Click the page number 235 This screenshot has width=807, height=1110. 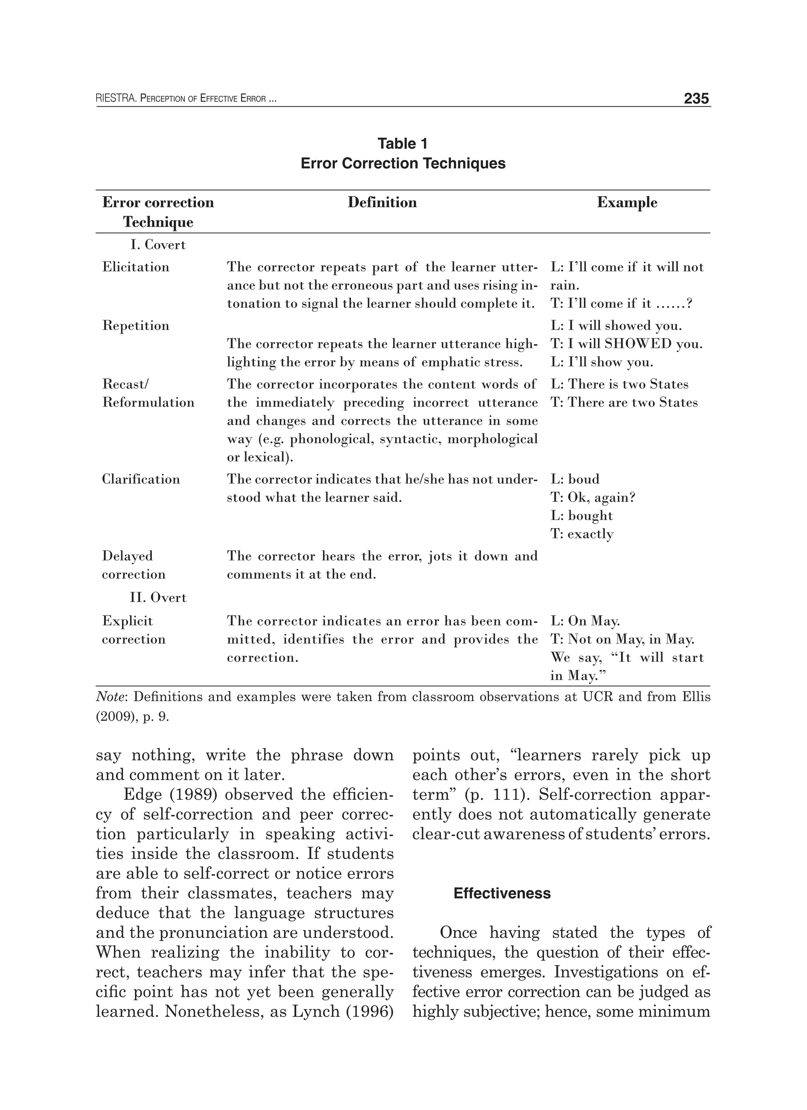pyautogui.click(x=696, y=99)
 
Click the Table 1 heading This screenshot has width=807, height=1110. pyautogui.click(x=403, y=143)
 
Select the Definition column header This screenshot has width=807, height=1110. pyautogui.click(x=382, y=202)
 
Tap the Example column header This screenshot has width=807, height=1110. pyautogui.click(x=627, y=202)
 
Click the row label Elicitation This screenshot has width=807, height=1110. pyautogui.click(x=136, y=267)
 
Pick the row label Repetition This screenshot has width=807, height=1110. pyautogui.click(x=136, y=325)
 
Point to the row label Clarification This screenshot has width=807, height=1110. pyautogui.click(x=141, y=479)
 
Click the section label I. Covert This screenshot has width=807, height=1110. pyautogui.click(x=158, y=244)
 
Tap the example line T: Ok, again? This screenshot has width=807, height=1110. pyautogui.click(x=593, y=497)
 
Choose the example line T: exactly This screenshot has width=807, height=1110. pyautogui.click(x=582, y=534)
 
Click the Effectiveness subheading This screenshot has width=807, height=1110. pyautogui.click(x=502, y=893)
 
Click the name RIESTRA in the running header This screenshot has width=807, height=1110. pyautogui.click(x=115, y=99)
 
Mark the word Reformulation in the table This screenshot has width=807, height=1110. pyautogui.click(x=148, y=402)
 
